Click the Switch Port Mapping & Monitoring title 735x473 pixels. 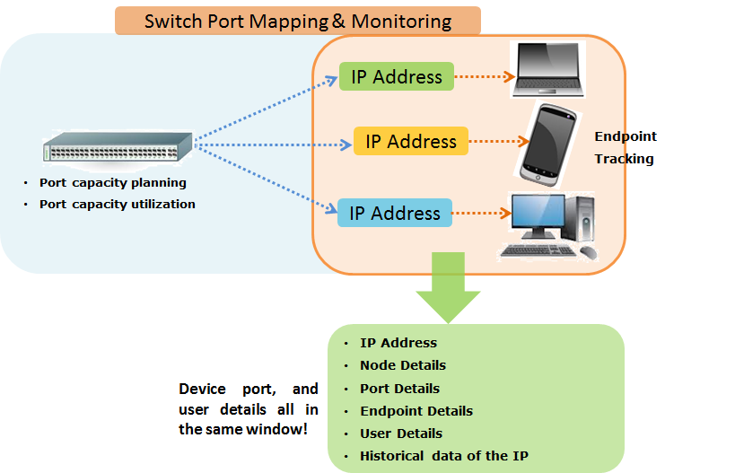298,21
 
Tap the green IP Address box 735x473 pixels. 397,76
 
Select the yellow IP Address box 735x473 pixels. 411,141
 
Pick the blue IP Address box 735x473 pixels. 394,214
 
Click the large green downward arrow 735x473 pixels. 448,286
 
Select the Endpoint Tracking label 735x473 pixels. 626,147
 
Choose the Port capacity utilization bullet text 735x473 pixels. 118,204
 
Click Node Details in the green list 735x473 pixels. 403,365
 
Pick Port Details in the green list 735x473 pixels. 399,389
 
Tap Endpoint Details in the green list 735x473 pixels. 416,411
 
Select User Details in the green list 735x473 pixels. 401,434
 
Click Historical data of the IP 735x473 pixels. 444,456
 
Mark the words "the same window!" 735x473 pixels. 242,430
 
